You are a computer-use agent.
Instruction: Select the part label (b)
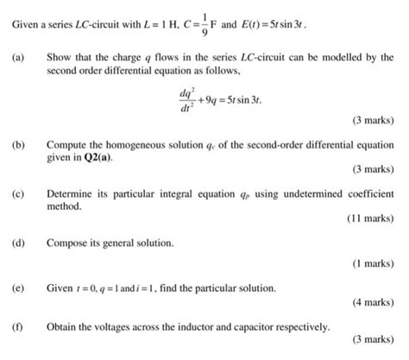click(x=18, y=147)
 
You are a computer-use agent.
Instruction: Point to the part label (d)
click(x=18, y=243)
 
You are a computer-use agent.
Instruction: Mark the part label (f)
click(x=18, y=328)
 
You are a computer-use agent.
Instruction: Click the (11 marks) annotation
click(x=370, y=219)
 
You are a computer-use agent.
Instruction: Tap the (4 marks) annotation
click(x=374, y=305)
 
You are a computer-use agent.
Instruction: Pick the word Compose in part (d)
click(x=67, y=243)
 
